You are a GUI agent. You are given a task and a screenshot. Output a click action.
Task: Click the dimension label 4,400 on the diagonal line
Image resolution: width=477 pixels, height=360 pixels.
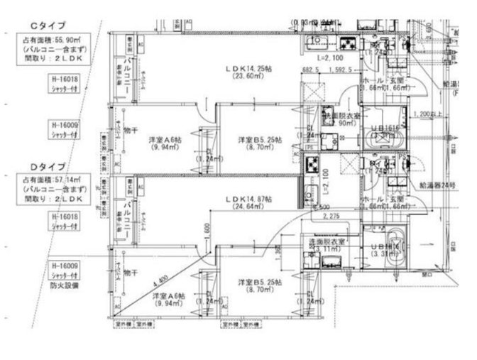pyautogui.click(x=161, y=278)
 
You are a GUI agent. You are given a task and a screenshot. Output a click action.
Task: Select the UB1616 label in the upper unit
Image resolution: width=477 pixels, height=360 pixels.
pyautogui.click(x=390, y=128)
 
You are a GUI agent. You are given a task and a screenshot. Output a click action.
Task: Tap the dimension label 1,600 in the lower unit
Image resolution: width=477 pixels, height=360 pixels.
pyautogui.click(x=204, y=230)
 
